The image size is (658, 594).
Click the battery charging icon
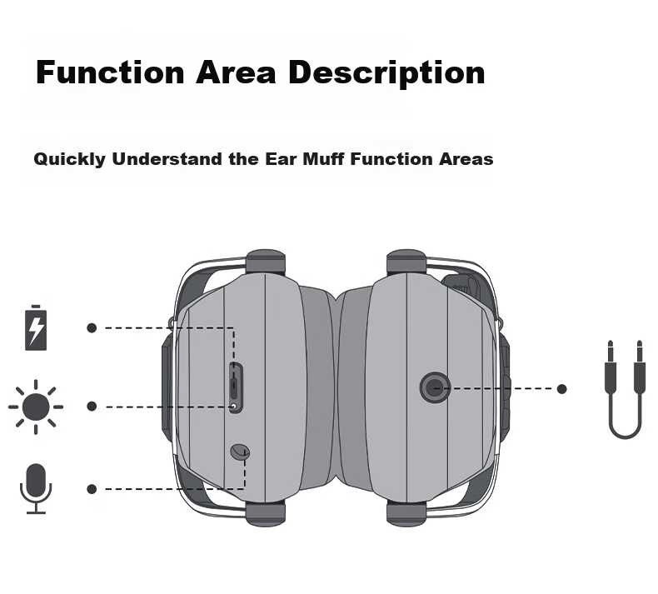pyautogui.click(x=36, y=328)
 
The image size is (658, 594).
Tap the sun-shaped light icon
pyautogui.click(x=36, y=407)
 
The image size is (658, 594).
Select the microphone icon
pyautogui.click(x=36, y=489)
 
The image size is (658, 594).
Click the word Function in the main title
pyautogui.click(x=110, y=72)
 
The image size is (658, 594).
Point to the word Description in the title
pyautogui.click(x=386, y=73)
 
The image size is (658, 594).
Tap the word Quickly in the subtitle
pyautogui.click(x=70, y=159)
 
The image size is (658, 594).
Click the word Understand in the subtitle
pyautogui.click(x=167, y=159)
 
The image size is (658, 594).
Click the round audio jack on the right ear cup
pyautogui.click(x=435, y=388)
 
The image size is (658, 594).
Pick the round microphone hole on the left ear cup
pyautogui.click(x=240, y=452)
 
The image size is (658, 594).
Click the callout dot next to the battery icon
pyautogui.click(x=92, y=328)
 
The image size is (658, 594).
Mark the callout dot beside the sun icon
pyautogui.click(x=92, y=407)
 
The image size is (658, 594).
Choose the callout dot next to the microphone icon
pyautogui.click(x=92, y=489)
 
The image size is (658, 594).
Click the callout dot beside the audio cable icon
pyautogui.click(x=562, y=389)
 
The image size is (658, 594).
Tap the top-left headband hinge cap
pyautogui.click(x=265, y=262)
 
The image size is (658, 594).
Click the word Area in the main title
pyautogui.click(x=236, y=72)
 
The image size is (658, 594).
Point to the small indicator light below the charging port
pyautogui.click(x=234, y=406)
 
